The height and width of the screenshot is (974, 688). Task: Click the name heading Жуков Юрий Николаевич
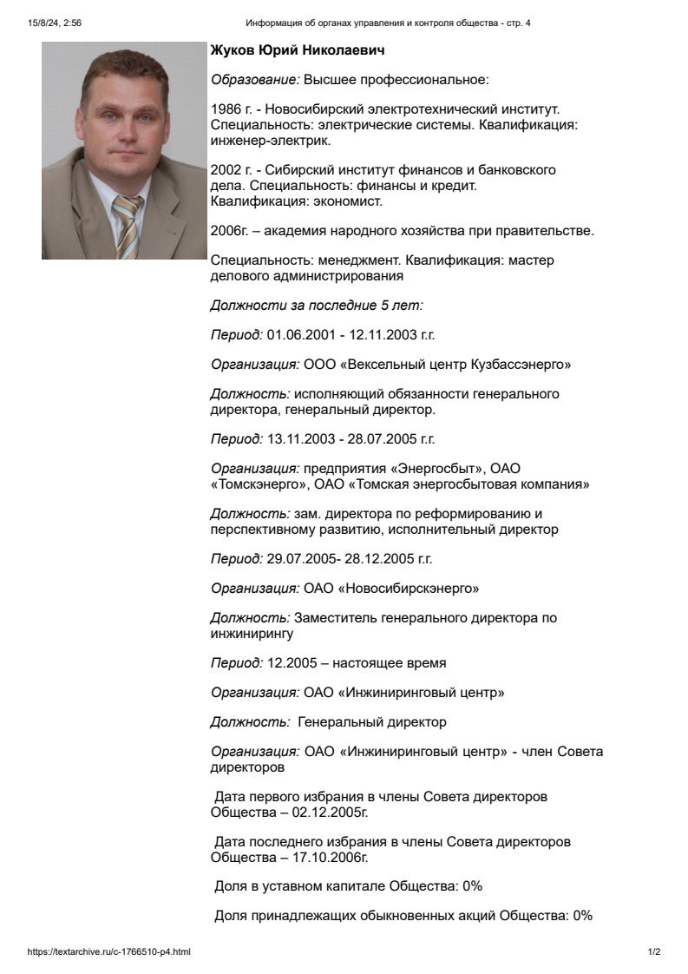coord(298,51)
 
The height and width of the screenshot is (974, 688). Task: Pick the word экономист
coord(348,201)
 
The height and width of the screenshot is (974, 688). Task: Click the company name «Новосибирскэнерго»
coord(408,589)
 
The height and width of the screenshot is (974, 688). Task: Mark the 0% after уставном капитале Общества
coord(472,886)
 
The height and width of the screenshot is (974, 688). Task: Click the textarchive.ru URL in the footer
coord(109,952)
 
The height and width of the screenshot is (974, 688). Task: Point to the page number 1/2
coord(654,952)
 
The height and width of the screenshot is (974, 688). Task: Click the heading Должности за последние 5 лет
coord(317,305)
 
